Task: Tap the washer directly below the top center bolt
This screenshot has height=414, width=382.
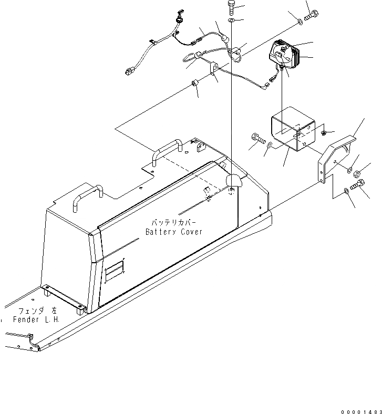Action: pos(232,21)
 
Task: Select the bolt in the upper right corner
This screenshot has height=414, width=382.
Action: pos(311,15)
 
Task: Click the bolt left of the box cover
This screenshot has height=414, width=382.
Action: pos(256,139)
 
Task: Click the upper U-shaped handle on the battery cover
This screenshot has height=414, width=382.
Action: pos(167,150)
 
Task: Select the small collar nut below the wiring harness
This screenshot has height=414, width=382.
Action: pos(194,83)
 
